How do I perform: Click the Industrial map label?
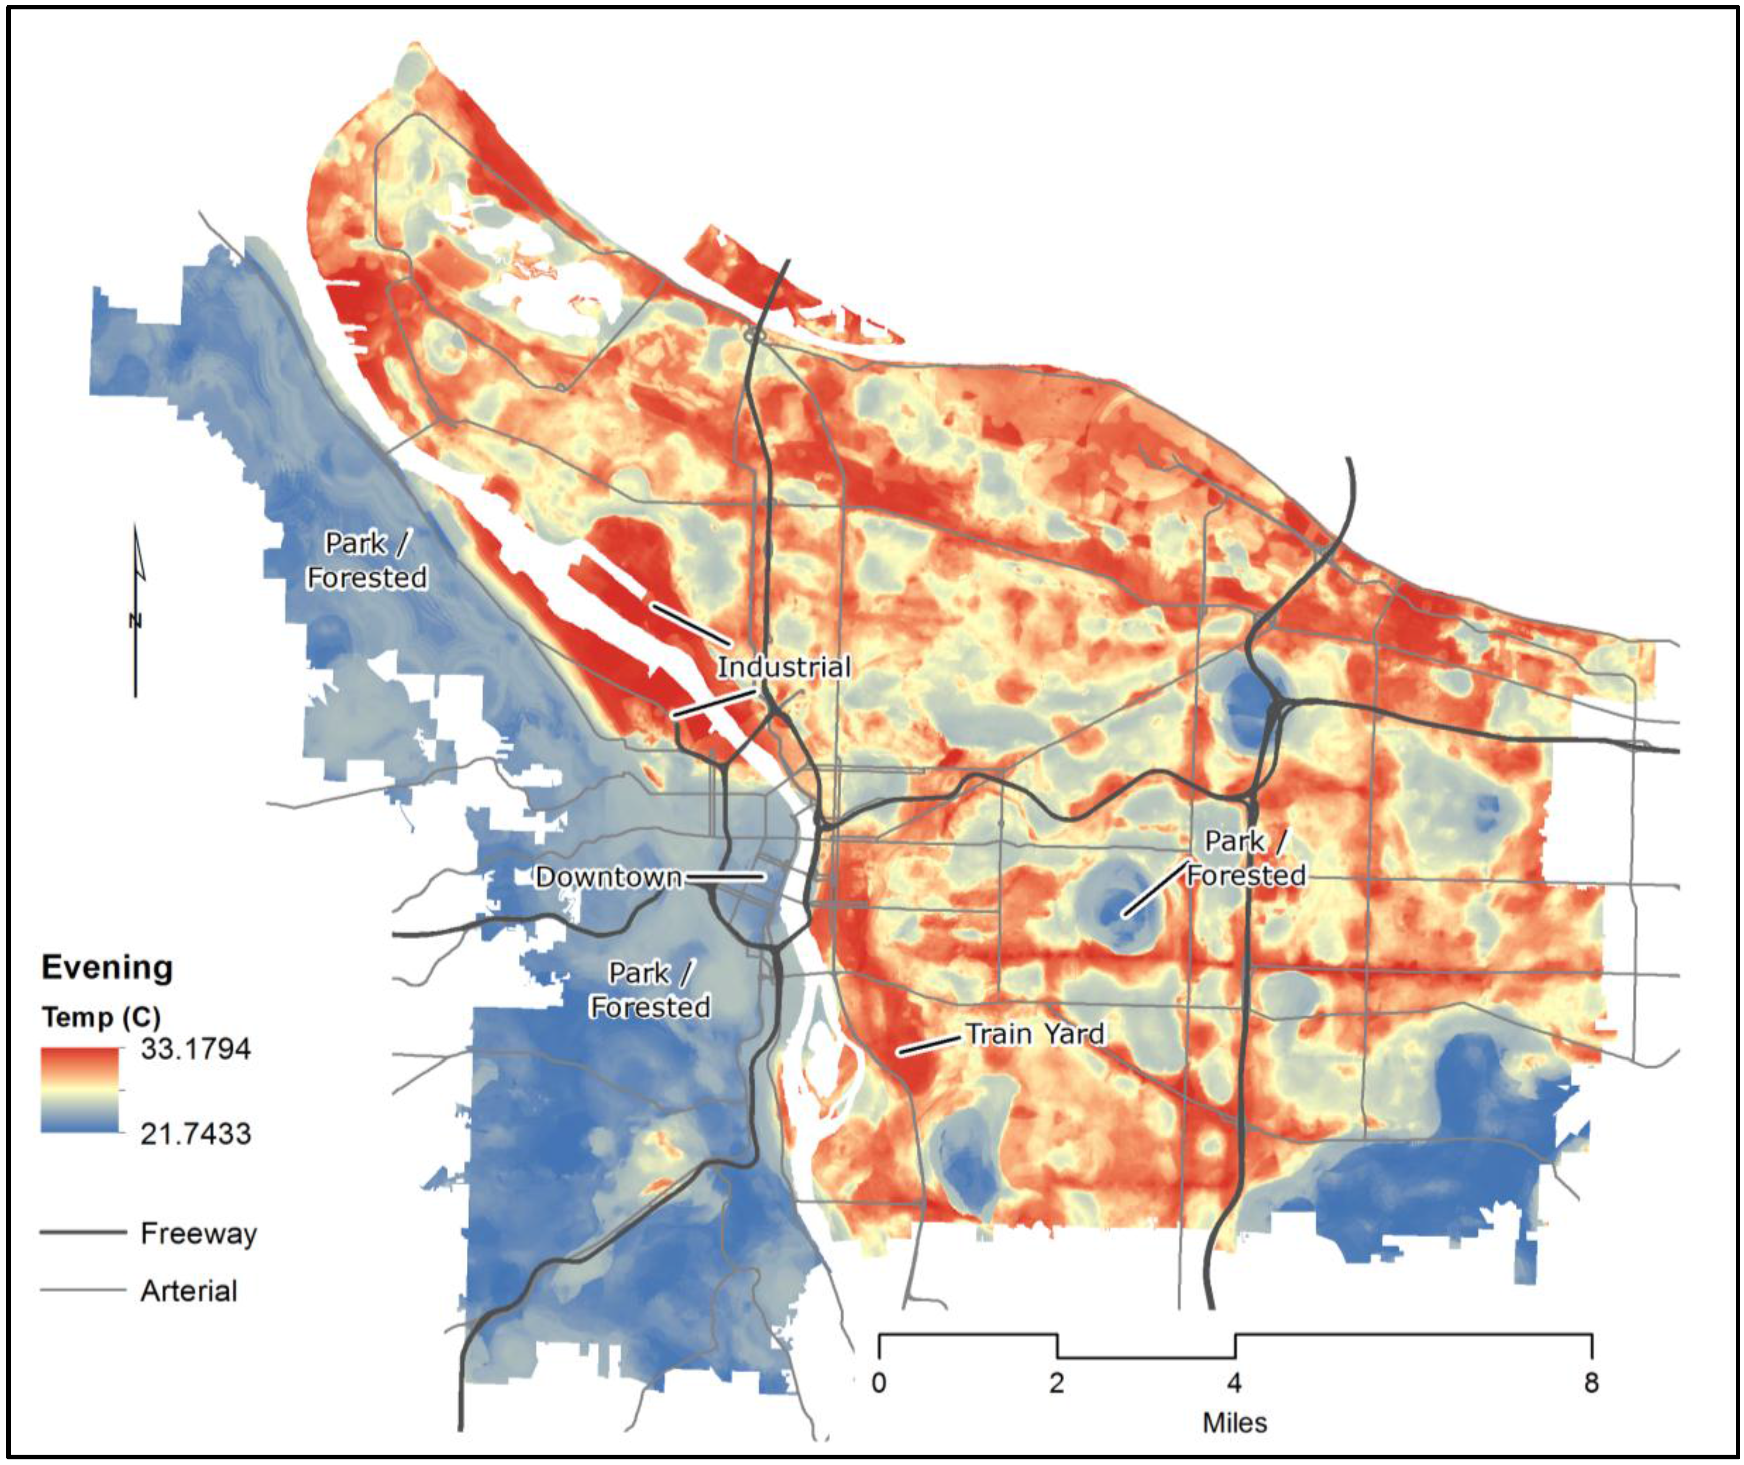coord(784,667)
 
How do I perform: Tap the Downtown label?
coord(608,877)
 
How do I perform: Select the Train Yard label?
coord(1035,1034)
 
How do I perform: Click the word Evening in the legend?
coord(107,968)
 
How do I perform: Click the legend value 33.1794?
coord(195,1049)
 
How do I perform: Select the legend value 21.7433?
coord(195,1133)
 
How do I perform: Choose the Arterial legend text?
coord(188,1291)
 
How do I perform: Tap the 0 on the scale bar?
coord(879,1383)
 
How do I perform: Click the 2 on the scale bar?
coord(1057,1383)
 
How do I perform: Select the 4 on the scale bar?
coord(1235,1383)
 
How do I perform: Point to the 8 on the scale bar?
coord(1590,1383)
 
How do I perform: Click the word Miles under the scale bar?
coord(1235,1423)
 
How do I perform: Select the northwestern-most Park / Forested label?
coord(366,561)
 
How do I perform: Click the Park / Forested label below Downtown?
coord(649,990)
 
